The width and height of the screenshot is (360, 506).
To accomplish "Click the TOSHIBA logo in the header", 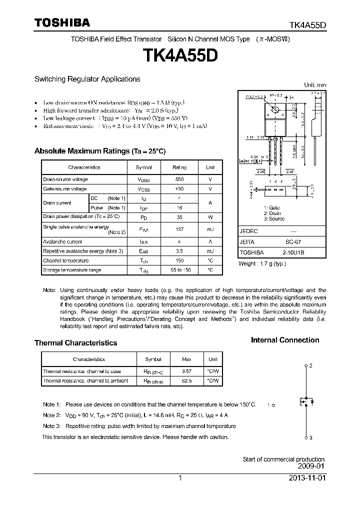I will (62, 23).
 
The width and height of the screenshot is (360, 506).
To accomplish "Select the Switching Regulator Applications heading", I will (87, 79).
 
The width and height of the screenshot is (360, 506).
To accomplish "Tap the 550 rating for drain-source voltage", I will (179, 179).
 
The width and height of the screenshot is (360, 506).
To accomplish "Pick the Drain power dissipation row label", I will (81, 216).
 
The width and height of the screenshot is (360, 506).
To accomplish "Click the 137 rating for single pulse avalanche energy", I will (179, 229).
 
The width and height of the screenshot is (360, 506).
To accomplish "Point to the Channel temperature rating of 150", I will (179, 260).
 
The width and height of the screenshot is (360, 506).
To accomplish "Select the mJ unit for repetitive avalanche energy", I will (210, 251).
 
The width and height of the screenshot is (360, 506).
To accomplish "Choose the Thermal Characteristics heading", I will (75, 343).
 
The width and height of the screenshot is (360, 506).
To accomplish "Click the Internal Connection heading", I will (284, 340).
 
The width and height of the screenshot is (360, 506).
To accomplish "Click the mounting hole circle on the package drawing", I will (274, 109).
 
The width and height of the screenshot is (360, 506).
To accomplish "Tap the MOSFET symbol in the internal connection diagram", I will (305, 401).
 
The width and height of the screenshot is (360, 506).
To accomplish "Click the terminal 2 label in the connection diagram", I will (310, 366).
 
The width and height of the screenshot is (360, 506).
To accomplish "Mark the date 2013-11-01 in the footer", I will (306, 478).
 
